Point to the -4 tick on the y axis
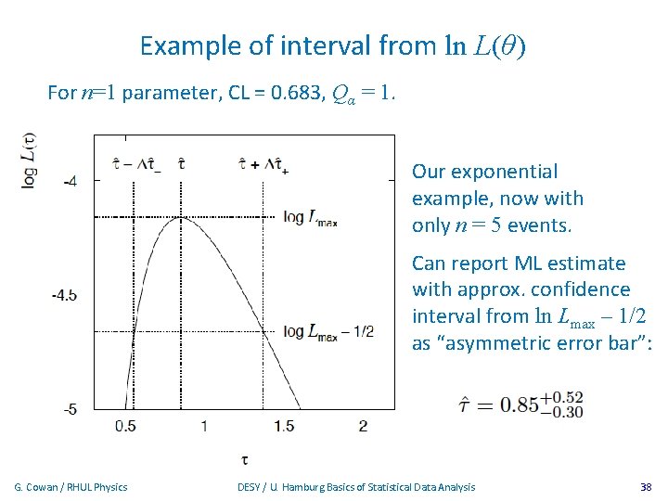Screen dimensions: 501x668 click(71, 181)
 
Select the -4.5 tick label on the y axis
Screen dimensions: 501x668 click(66, 295)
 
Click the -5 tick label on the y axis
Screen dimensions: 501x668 click(71, 408)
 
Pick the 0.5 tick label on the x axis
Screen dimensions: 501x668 click(125, 426)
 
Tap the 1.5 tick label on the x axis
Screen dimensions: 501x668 click(284, 426)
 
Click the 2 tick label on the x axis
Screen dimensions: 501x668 click(363, 426)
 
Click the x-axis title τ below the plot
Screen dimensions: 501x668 click(243, 457)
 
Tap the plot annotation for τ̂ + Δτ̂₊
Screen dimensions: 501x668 click(264, 165)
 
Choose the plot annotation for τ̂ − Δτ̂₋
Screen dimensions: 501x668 click(135, 165)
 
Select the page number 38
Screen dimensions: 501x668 click(646, 487)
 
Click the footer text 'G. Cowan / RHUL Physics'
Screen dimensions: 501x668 click(71, 487)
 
